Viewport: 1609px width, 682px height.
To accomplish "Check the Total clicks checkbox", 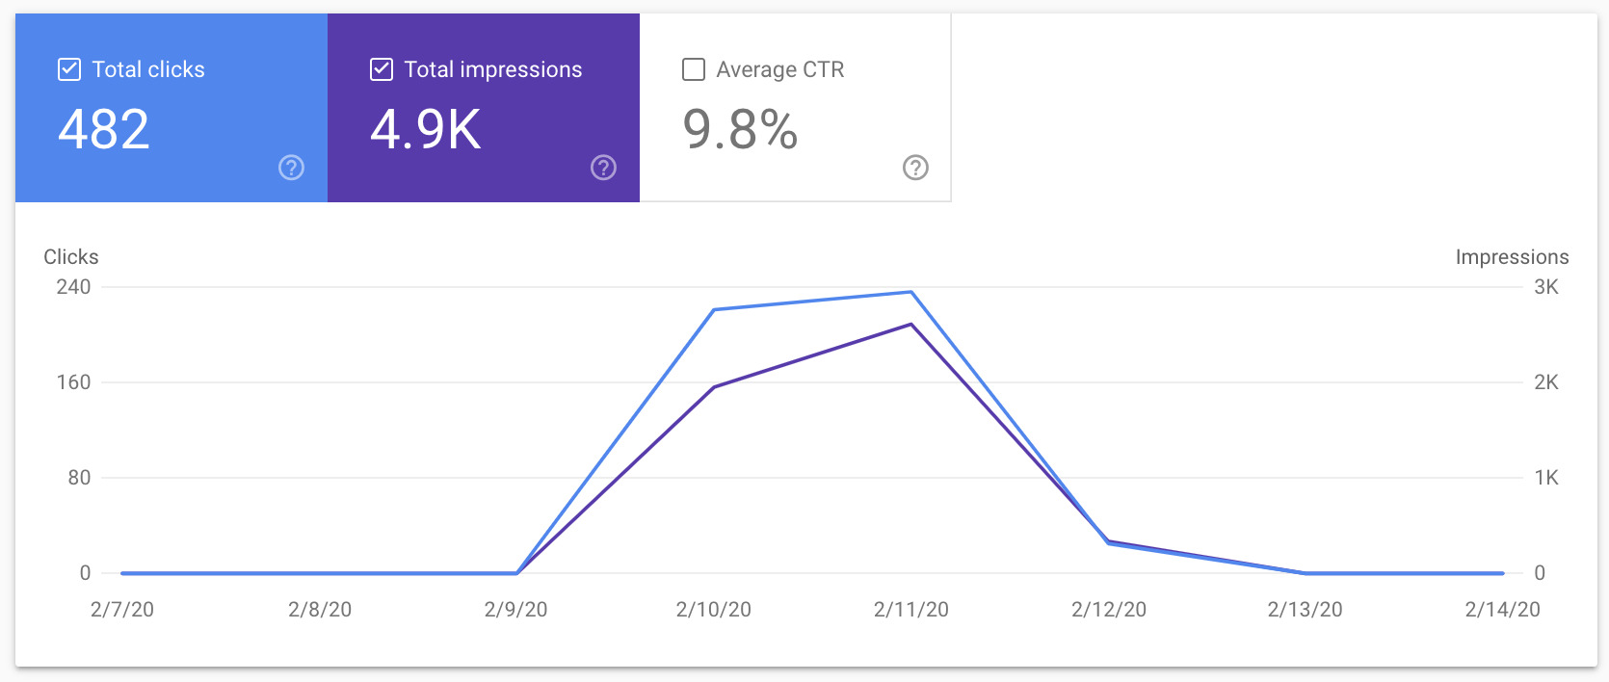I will click(69, 69).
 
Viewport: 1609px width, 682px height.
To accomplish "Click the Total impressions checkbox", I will click(382, 69).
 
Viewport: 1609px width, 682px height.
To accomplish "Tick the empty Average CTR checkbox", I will click(694, 69).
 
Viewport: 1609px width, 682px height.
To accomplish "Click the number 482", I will click(104, 129).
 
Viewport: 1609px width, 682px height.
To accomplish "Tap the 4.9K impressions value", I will click(426, 129).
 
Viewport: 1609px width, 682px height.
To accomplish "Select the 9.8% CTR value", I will click(740, 129).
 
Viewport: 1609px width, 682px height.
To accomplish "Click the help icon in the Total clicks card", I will click(291, 168).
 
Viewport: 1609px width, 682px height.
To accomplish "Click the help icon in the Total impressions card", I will click(603, 168).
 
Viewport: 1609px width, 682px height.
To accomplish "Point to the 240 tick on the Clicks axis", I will click(73, 287).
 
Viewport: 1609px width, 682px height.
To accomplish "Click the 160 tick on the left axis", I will click(73, 382).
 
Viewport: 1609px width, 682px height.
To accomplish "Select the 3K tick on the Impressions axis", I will click(1545, 287).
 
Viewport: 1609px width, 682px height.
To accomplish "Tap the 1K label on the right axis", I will click(1545, 478).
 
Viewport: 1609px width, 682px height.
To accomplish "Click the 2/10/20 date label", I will click(713, 610).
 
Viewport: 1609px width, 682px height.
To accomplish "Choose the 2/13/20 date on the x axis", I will click(1305, 610).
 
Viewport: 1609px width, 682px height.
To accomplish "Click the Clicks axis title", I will click(71, 257).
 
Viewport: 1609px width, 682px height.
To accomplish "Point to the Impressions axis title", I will click(1512, 257).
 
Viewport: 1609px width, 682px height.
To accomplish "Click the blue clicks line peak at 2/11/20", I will click(910, 292).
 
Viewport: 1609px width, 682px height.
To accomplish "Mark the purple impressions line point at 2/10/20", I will click(714, 387).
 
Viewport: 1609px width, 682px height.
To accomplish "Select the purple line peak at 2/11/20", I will click(910, 325).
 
